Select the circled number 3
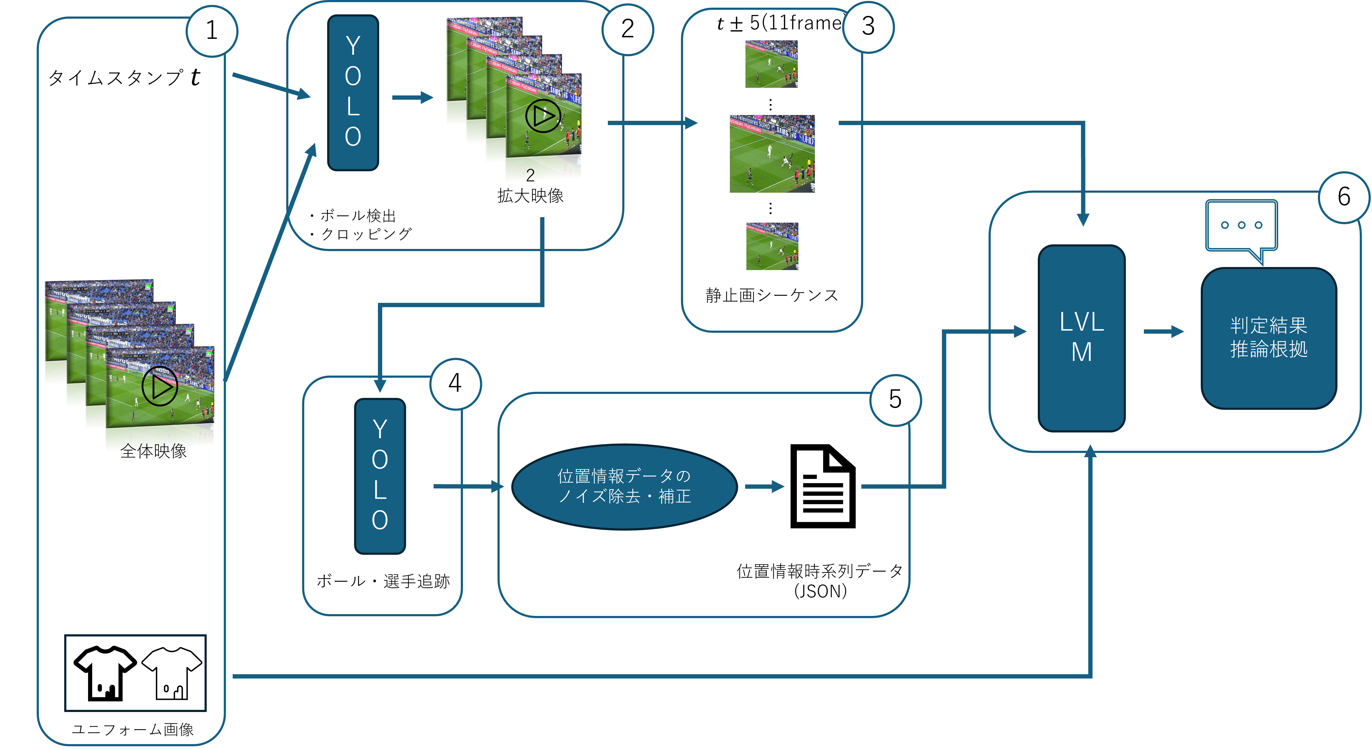[868, 27]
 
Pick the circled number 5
[895, 399]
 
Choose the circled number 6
[1344, 197]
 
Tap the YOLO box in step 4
[380, 476]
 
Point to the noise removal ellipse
[624, 486]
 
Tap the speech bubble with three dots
[1241, 226]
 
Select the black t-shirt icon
[105, 673]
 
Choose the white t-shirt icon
[172, 673]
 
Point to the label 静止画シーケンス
[772, 295]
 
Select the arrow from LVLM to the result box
[1163, 332]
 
